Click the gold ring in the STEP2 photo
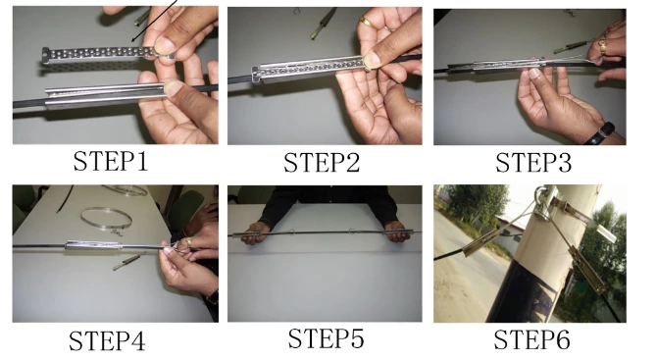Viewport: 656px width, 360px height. (365, 21)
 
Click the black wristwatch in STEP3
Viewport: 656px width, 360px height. (605, 131)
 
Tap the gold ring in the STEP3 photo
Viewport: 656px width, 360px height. (603, 44)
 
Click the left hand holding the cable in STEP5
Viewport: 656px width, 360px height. (257, 232)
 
